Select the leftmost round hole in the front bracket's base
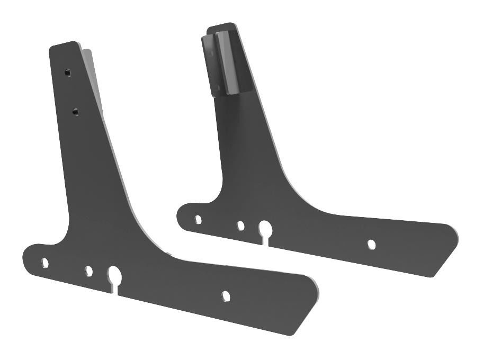point(45,262)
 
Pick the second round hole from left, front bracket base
point(89,271)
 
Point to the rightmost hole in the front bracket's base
point(226,295)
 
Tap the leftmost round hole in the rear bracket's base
point(198,219)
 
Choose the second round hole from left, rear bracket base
point(240,226)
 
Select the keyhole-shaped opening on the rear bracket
point(264,229)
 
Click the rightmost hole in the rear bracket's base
point(372,244)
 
